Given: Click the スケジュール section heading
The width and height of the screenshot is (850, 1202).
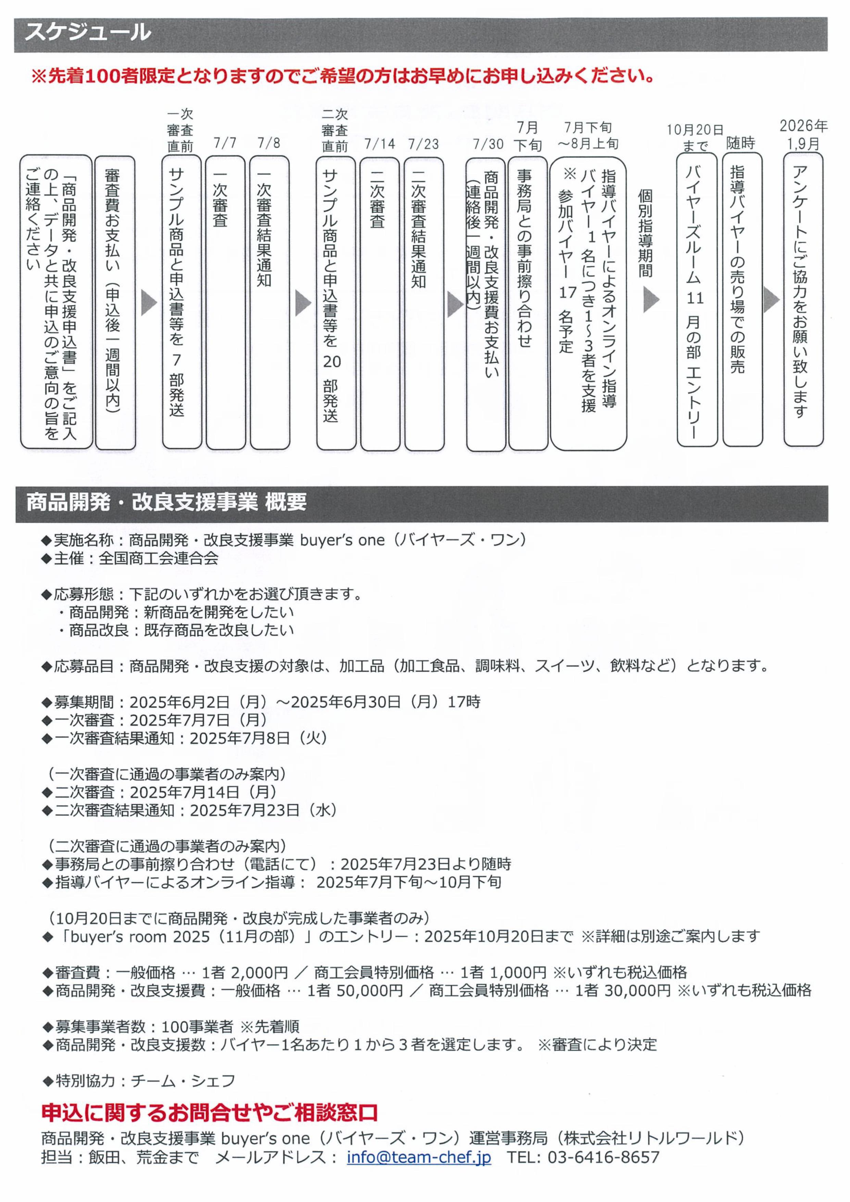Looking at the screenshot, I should click(x=88, y=33).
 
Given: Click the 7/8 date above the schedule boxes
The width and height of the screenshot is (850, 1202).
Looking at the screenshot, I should click(x=269, y=143).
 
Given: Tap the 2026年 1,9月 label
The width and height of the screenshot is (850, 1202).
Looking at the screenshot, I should click(x=803, y=135).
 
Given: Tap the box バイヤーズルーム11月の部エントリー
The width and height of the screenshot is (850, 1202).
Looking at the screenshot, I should click(x=697, y=300).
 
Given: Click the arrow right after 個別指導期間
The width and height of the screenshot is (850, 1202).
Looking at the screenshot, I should click(x=650, y=300).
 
